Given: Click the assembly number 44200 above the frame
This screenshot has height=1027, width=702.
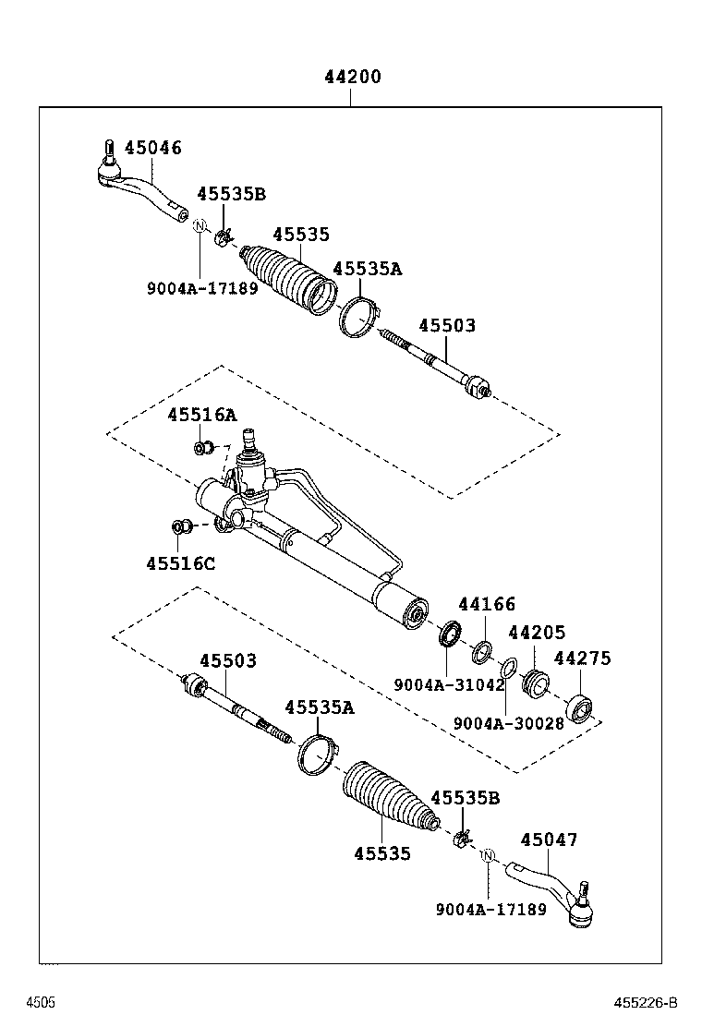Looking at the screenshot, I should [x=352, y=78].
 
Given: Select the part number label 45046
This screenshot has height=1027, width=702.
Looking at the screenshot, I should [x=153, y=148].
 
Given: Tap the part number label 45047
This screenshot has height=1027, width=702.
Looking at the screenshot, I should [x=549, y=840].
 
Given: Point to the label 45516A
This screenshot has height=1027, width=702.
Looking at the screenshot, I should [x=201, y=416].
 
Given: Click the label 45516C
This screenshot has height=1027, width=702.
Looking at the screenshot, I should [x=180, y=562].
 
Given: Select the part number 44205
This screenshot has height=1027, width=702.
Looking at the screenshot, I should [x=537, y=633].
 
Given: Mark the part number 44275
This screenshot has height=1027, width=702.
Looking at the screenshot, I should [x=582, y=658].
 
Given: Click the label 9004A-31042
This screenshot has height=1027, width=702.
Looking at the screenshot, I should [x=449, y=684].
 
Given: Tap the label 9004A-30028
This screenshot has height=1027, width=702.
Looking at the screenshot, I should [x=508, y=723].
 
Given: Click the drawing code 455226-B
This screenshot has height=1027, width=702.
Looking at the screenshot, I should [x=645, y=1002].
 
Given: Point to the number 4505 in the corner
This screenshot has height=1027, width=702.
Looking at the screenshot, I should [x=40, y=1002].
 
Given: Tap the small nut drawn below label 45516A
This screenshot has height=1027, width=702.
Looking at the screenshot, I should [x=202, y=449].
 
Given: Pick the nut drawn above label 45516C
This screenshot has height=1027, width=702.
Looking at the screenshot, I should [x=182, y=527].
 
